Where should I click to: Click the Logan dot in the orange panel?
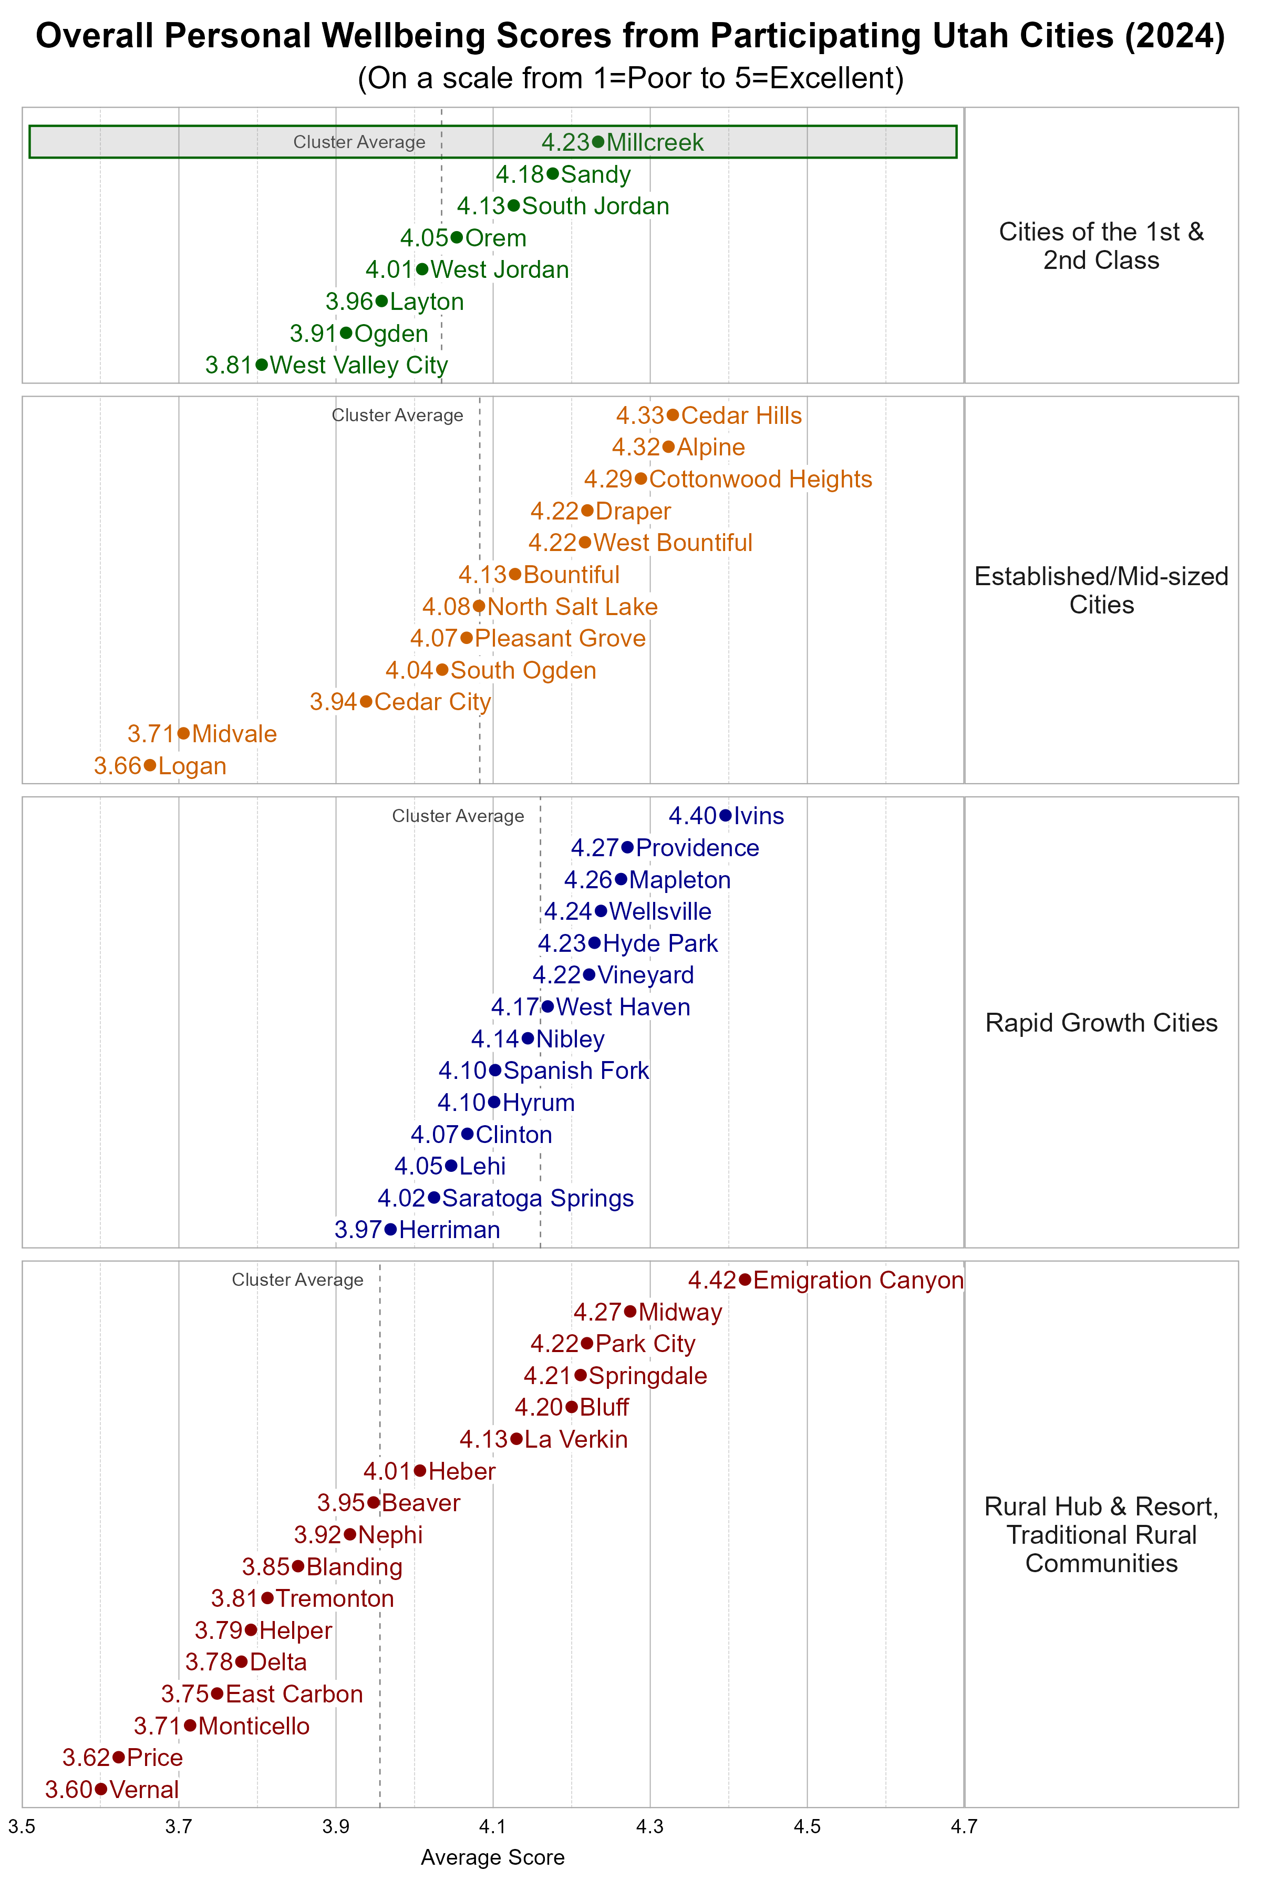[x=150, y=765]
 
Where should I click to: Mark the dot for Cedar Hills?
[x=673, y=415]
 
